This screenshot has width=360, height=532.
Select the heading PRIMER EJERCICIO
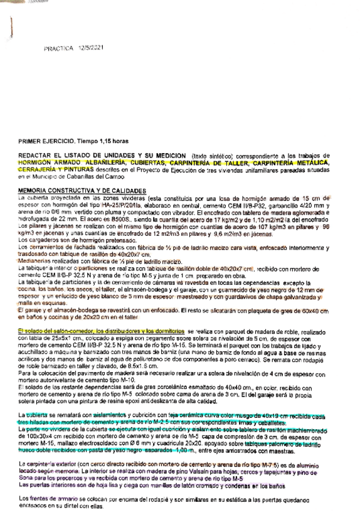click(x=45, y=142)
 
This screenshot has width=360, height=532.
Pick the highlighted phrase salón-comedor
click(x=70, y=329)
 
